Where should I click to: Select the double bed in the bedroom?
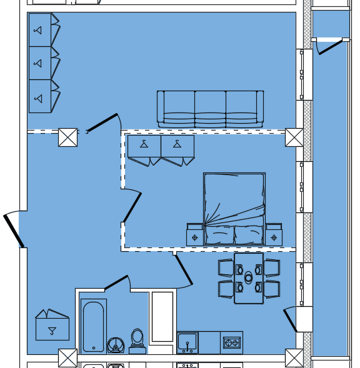click(234, 209)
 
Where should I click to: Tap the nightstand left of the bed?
click(195, 236)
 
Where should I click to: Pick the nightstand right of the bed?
click(274, 236)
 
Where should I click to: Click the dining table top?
click(249, 277)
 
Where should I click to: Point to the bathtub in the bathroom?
click(94, 326)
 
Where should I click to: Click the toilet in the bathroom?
click(137, 341)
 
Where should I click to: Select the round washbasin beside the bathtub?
click(115, 345)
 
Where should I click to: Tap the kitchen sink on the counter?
click(187, 342)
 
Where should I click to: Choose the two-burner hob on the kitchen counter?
click(231, 342)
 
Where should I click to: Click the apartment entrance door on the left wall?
click(14, 231)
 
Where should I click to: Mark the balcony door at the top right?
click(330, 47)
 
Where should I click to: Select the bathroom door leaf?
click(116, 283)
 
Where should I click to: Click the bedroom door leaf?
click(132, 208)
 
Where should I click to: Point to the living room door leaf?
click(102, 123)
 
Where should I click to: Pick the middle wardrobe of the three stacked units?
click(40, 63)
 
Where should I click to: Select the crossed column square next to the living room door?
click(67, 137)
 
